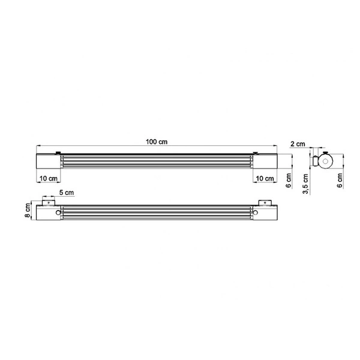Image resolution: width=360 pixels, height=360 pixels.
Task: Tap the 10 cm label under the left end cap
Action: click(x=49, y=179)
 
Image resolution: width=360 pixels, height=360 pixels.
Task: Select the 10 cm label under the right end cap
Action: click(x=263, y=179)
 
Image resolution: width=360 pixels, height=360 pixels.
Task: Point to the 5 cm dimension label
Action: click(x=67, y=193)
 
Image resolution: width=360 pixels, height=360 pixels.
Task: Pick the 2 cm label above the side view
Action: click(x=297, y=145)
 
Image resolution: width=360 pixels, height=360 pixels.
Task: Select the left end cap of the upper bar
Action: click(x=47, y=162)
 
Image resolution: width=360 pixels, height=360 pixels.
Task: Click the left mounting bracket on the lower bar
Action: click(x=49, y=203)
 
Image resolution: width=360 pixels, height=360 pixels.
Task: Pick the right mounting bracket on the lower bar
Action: click(x=265, y=203)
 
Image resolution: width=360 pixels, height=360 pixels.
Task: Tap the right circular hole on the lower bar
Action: click(x=255, y=212)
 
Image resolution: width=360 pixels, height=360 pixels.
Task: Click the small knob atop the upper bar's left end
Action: click(x=58, y=153)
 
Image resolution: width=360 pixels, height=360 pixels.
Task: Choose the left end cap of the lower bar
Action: click(x=47, y=213)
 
